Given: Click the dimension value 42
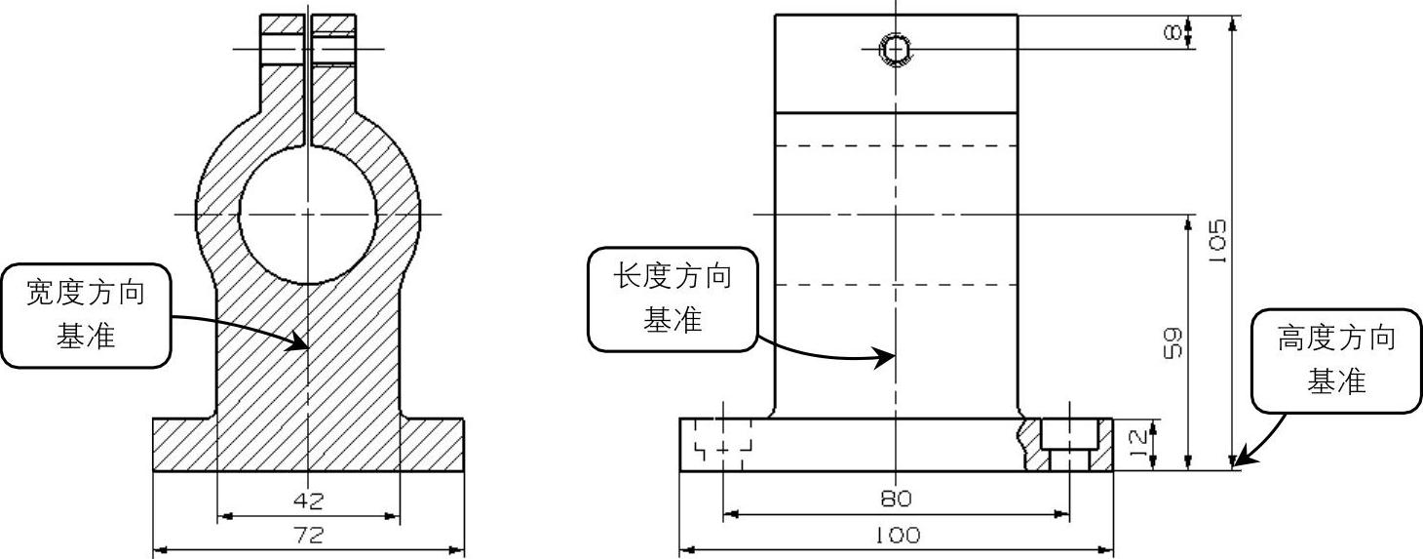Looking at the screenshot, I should pyautogui.click(x=308, y=500).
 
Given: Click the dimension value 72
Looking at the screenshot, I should pyautogui.click(x=308, y=535).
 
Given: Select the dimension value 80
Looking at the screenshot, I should pyautogui.click(x=896, y=499).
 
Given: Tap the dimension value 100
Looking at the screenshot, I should pyautogui.click(x=896, y=536).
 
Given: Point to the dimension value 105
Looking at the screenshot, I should pyautogui.click(x=1216, y=241).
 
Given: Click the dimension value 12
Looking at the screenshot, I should pyautogui.click(x=1137, y=444).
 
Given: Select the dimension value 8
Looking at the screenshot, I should pyautogui.click(x=1175, y=33).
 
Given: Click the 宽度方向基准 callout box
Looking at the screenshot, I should pyautogui.click(x=86, y=314).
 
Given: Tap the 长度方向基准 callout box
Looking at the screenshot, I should pyautogui.click(x=672, y=299).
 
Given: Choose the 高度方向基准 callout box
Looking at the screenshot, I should pyautogui.click(x=1336, y=361).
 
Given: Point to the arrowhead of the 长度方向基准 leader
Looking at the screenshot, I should pyautogui.click(x=886, y=357).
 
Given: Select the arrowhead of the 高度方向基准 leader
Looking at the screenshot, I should pyautogui.click(x=1238, y=461).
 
